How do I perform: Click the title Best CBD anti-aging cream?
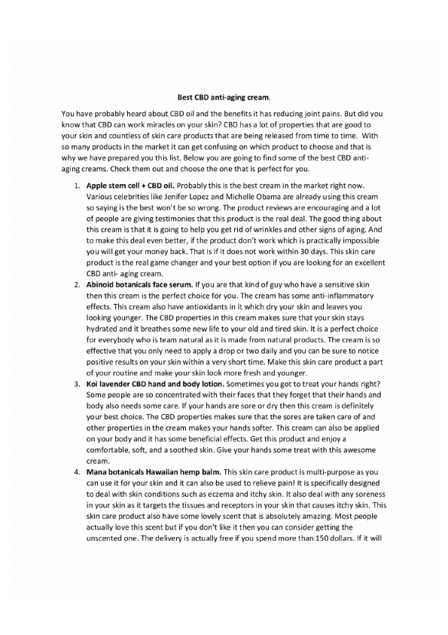coord(223,97)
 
